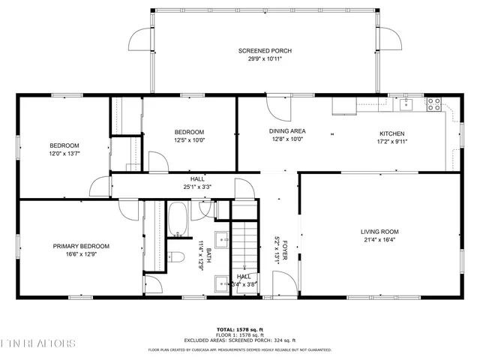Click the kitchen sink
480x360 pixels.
tap(405, 104)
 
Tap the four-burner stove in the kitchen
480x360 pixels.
tap(434, 104)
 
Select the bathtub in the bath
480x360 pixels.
tap(178, 219)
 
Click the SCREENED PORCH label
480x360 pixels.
tap(265, 51)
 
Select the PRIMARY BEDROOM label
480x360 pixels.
tap(81, 246)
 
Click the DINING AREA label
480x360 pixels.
tap(287, 130)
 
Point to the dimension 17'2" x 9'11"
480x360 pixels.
tap(391, 139)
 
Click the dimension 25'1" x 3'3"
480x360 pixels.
tap(197, 187)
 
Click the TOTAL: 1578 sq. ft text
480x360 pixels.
tap(240, 329)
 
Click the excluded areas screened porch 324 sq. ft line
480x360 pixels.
tap(240, 341)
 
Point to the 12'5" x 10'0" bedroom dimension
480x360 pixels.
tap(190, 139)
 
